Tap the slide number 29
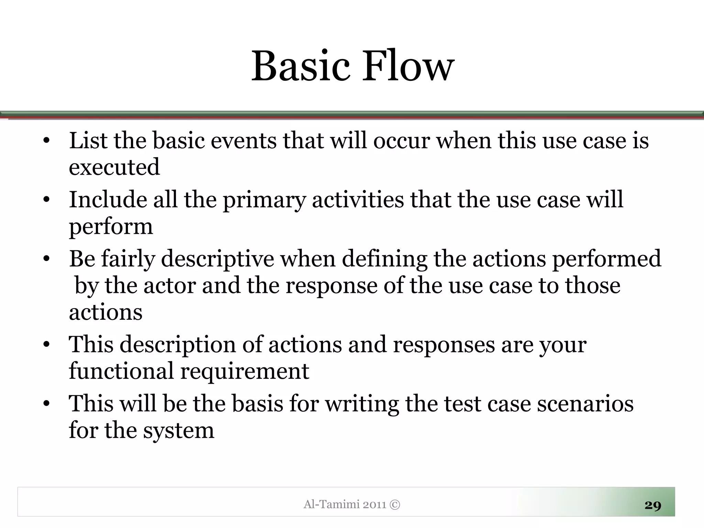(x=653, y=505)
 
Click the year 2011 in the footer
(x=374, y=505)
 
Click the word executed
(x=114, y=167)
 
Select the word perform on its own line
(x=111, y=227)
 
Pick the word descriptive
(x=217, y=259)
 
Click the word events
(x=243, y=141)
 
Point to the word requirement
(x=245, y=371)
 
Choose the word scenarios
(x=585, y=404)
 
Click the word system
(x=179, y=431)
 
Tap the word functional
(x=121, y=371)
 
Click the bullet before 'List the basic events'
(x=47, y=141)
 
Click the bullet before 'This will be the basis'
(x=47, y=404)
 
